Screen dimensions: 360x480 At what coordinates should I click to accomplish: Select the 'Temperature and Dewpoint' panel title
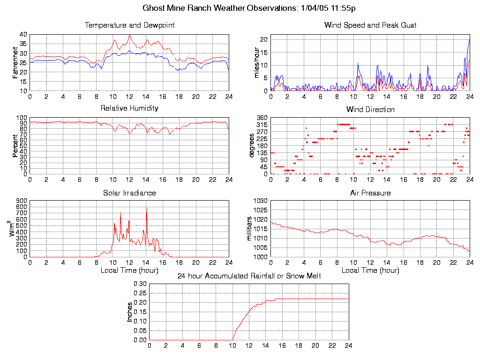click(129, 25)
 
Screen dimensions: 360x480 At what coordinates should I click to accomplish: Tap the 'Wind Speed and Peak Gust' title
click(370, 25)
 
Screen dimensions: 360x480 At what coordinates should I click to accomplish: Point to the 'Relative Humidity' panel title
click(129, 108)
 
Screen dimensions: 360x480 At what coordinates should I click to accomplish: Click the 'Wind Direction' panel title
click(370, 110)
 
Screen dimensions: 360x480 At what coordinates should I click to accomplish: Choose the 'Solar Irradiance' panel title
click(129, 193)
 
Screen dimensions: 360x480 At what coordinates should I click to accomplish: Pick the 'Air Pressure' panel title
click(370, 193)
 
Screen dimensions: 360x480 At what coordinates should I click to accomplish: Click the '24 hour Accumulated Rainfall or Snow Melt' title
click(249, 276)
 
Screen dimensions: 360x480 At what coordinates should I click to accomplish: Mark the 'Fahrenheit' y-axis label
click(15, 62)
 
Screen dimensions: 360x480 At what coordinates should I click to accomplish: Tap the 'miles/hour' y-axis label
click(256, 62)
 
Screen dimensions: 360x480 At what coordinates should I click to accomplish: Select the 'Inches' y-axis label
click(130, 312)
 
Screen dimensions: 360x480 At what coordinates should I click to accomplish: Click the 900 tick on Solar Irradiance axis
click(22, 201)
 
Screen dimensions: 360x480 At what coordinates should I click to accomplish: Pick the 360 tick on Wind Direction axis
click(262, 118)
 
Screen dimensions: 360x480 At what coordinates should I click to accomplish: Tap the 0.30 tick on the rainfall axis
click(140, 284)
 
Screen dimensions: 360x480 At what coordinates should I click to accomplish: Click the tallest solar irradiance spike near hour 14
click(147, 209)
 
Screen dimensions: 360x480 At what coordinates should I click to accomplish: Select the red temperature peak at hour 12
click(130, 35)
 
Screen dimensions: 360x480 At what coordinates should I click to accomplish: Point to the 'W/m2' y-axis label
click(15, 228)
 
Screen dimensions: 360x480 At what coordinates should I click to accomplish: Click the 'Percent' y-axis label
click(15, 146)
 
